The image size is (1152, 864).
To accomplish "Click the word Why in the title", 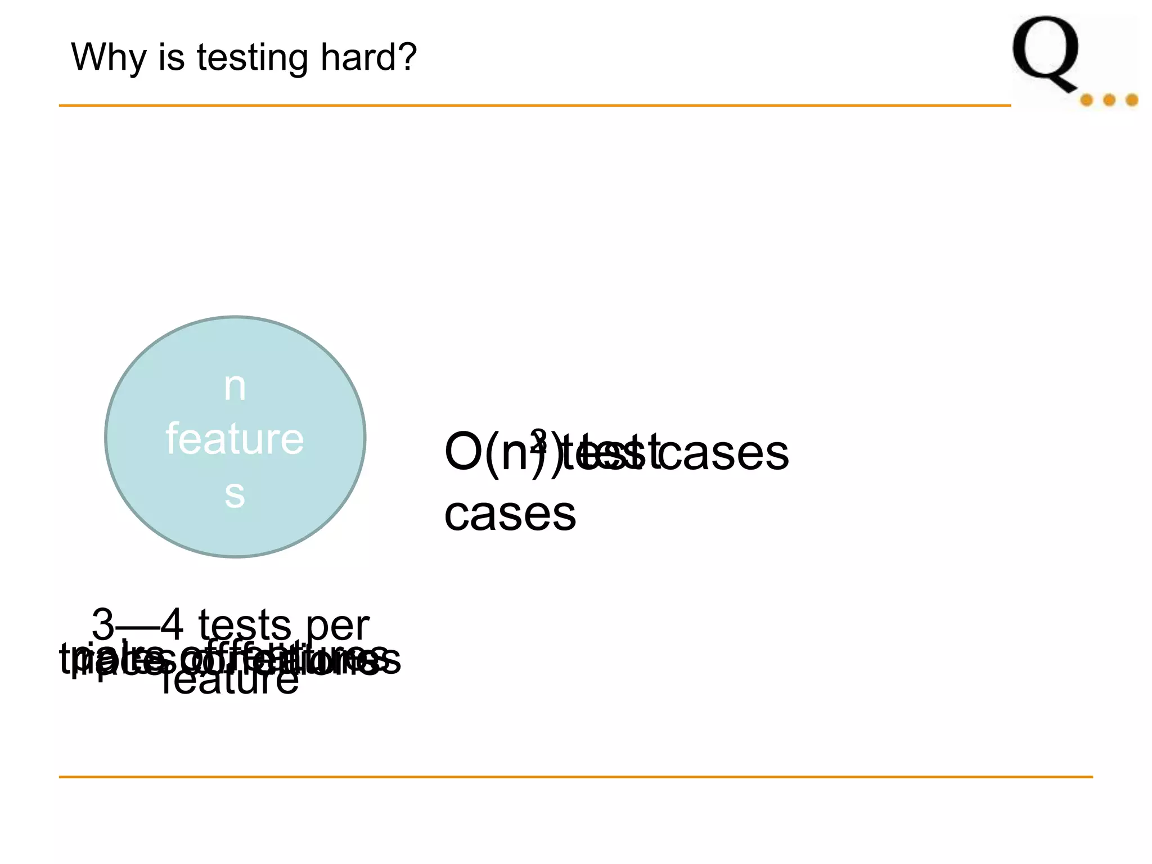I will [x=109, y=57].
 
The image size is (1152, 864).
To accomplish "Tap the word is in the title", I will [x=171, y=57].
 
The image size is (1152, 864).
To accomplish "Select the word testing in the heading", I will [x=252, y=58].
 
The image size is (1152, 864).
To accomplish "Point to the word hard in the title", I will [x=361, y=57].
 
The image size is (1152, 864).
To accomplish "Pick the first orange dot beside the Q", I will [x=1086, y=101].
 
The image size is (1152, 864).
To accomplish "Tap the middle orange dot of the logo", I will [x=1109, y=101].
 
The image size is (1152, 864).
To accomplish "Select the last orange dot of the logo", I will [x=1132, y=101].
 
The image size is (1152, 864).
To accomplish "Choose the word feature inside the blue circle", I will [x=235, y=439].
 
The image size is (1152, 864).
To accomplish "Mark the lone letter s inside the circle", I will [x=235, y=494].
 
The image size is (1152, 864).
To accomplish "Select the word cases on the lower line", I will [x=510, y=514].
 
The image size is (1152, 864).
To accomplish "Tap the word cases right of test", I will [x=723, y=453].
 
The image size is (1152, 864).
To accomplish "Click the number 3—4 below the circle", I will [x=137, y=624].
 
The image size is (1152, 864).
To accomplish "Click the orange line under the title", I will [x=534, y=105].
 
